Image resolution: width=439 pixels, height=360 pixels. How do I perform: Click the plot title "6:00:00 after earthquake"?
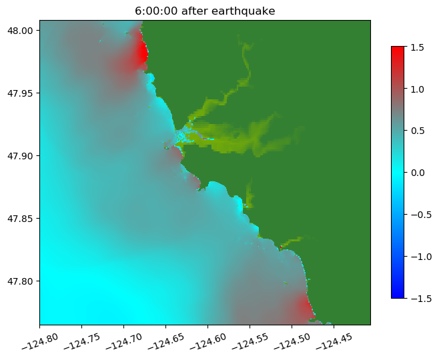[x=205, y=11]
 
